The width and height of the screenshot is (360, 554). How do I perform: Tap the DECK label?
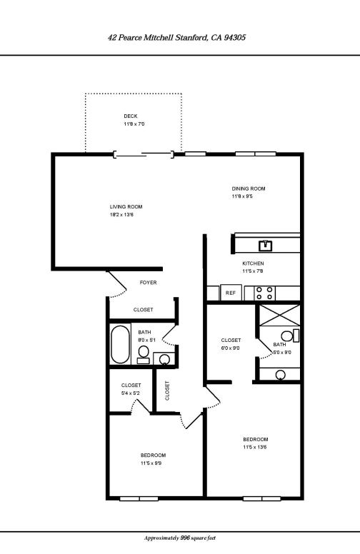130,116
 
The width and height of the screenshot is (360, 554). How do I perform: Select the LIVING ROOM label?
126,206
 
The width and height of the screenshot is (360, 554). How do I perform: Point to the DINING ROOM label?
248,188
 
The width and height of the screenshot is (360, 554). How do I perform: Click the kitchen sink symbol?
266,246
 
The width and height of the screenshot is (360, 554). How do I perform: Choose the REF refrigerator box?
231,293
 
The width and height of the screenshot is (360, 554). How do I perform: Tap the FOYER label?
148,283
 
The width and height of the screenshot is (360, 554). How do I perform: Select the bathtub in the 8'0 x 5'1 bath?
120,344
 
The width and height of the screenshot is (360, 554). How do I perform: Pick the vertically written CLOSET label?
168,390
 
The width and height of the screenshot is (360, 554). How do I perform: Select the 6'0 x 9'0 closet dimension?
231,348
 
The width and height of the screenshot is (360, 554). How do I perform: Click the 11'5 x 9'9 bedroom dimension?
153,463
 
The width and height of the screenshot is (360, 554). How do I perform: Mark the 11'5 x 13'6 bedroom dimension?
255,447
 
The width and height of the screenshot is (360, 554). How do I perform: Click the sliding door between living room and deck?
144,153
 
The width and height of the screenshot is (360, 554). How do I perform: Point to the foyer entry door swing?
113,286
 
